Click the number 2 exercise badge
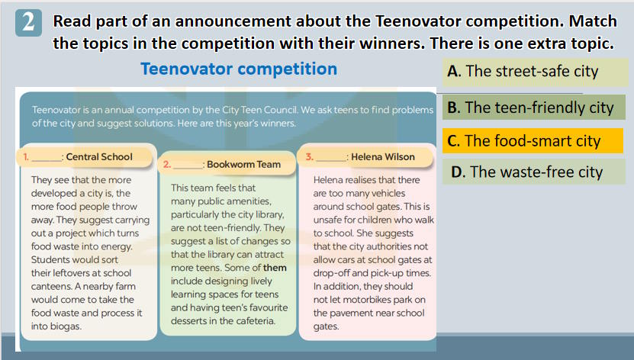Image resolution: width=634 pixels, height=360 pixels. [28, 23]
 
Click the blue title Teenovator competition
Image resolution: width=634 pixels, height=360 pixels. [239, 69]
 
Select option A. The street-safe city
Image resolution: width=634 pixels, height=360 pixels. [535, 72]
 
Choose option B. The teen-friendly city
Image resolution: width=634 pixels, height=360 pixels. [534, 108]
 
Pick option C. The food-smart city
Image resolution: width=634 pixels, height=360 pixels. [533, 141]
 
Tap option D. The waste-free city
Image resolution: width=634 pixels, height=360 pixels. [534, 172]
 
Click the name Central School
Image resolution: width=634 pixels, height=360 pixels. [99, 157]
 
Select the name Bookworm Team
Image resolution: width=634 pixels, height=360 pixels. [244, 165]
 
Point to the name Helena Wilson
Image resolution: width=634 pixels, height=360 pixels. [383, 157]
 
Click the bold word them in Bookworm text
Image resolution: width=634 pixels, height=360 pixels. [275, 268]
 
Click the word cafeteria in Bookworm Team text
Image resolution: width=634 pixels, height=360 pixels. [255, 321]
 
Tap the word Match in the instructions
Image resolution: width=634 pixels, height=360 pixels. [593, 21]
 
